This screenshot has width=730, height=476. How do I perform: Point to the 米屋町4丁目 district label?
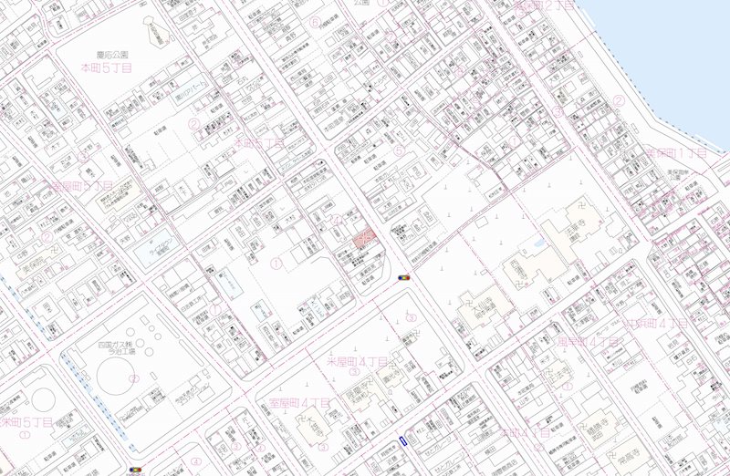(358, 361)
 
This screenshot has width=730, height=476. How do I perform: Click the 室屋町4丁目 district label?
(297, 403)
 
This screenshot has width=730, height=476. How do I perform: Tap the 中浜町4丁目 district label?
(655, 323)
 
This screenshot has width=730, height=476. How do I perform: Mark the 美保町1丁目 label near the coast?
(676, 152)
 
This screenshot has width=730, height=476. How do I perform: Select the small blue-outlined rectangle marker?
(401, 440)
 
